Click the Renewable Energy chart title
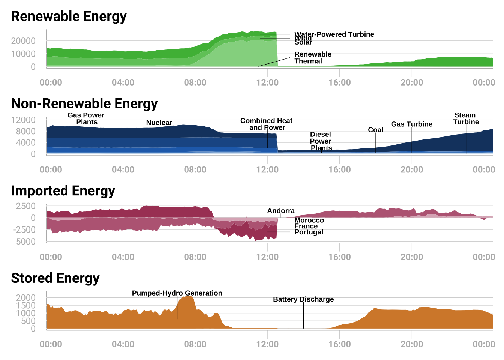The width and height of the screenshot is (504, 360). (x=69, y=16)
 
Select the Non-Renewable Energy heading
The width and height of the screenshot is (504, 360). (x=84, y=103)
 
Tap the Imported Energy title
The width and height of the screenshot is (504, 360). (x=63, y=191)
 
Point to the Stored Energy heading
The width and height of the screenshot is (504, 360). (x=55, y=278)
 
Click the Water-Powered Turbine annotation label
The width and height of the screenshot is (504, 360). (x=334, y=34)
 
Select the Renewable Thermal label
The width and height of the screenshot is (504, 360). (x=313, y=58)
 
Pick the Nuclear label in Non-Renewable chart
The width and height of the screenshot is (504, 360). (x=159, y=123)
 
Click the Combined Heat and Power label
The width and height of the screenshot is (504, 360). (x=266, y=124)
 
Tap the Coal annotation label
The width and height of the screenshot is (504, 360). (x=375, y=130)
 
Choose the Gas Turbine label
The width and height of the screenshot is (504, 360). (x=411, y=124)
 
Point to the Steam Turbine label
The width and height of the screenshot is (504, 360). (x=465, y=118)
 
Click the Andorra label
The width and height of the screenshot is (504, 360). (x=281, y=211)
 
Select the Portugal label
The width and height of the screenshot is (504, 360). (x=309, y=232)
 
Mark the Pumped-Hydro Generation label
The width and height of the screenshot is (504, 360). (x=177, y=293)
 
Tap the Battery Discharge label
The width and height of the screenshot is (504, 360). (x=303, y=299)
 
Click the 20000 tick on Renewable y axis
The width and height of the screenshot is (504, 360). (x=23, y=41)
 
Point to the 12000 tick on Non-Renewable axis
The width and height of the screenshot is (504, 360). (x=23, y=120)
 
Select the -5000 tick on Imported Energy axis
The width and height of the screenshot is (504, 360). (x=24, y=241)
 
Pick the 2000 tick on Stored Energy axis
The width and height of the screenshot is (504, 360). (x=25, y=298)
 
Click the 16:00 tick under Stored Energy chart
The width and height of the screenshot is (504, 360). (x=339, y=344)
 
